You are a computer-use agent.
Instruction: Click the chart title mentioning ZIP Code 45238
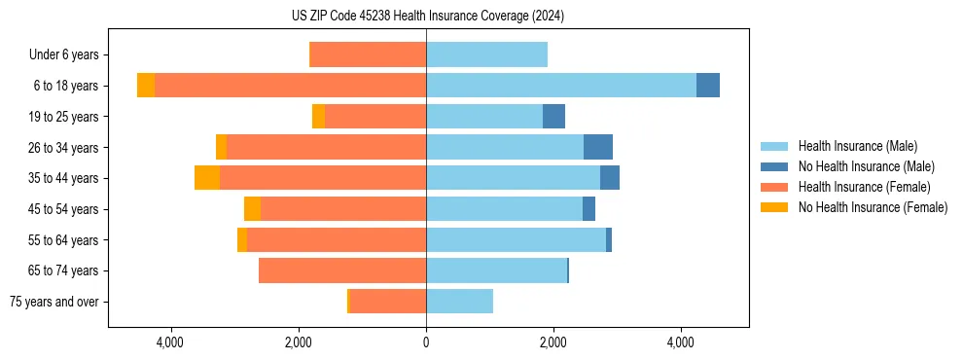coord(427,17)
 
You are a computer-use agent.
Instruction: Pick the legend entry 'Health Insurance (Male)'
coord(857,146)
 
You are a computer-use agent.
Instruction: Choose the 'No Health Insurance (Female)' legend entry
coord(873,207)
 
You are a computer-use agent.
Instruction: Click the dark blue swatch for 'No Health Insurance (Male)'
coord(775,166)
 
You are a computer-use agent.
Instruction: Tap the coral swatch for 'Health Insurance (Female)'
coord(775,187)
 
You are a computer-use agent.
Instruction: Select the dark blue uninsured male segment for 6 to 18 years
coord(708,86)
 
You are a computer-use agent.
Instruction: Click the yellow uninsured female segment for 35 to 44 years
coord(207,178)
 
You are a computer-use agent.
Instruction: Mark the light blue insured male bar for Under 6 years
coord(486,55)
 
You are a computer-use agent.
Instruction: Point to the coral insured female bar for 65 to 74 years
coord(342,270)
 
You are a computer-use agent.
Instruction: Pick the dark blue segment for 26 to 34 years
coord(598,147)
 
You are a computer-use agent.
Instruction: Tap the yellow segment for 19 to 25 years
coord(318,117)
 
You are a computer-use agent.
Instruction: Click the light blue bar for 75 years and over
coord(459,302)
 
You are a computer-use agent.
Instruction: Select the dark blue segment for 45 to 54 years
coord(588,209)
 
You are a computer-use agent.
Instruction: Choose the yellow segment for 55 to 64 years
coord(242,239)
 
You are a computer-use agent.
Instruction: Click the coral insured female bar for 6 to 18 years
coord(290,86)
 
